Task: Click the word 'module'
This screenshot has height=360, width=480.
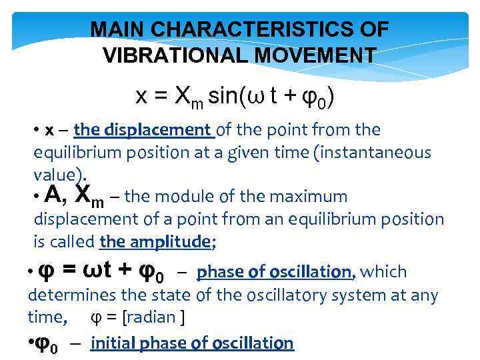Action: coord(177,197)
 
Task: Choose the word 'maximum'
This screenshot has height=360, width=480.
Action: coord(311,197)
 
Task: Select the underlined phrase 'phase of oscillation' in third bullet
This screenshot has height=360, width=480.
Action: coord(275,272)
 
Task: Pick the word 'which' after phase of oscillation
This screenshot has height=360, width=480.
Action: coord(383,272)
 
